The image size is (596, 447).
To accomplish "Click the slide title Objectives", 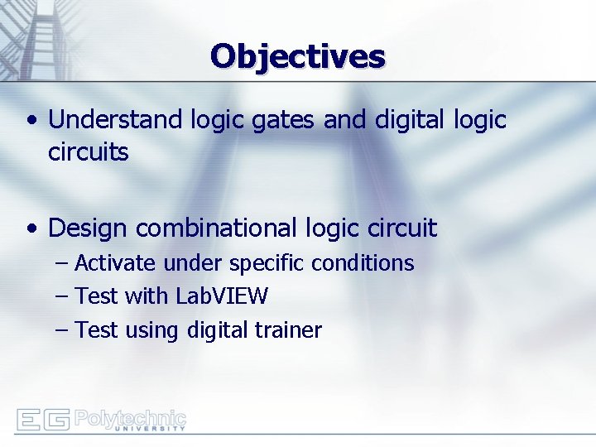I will coord(298,56).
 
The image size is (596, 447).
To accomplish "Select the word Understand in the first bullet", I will coord(115,120).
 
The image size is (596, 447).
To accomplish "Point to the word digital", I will coord(410,120).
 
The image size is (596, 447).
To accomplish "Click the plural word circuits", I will coord(89,153).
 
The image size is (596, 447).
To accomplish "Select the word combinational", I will coord(216,228).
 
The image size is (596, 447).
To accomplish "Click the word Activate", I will coord(115,263).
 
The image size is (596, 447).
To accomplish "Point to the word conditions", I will coord(363,263).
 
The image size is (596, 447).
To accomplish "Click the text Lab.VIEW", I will coord(221,296).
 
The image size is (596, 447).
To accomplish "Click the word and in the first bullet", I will coord(345,120).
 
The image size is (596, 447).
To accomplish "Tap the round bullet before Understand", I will coord(31,121).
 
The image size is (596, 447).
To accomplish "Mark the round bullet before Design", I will coord(31,228).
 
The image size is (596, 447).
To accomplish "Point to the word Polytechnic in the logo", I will coord(130,417).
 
